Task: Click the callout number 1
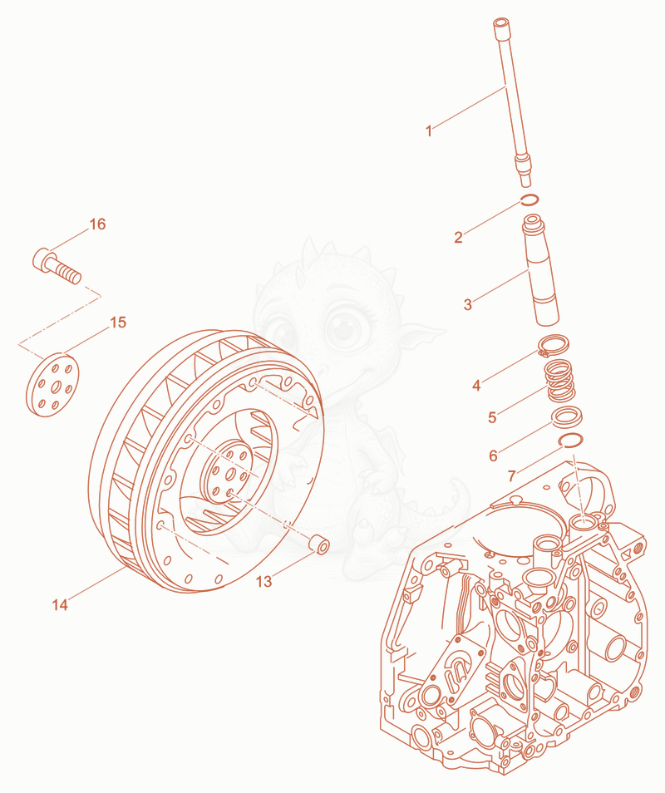click(x=429, y=131)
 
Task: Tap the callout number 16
click(x=97, y=224)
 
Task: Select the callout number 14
click(x=60, y=604)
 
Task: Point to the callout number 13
click(x=264, y=582)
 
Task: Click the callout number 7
click(x=512, y=476)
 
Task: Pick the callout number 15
click(x=118, y=323)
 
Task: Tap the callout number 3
click(x=468, y=304)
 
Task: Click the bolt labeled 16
click(x=57, y=265)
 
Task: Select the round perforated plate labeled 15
click(x=52, y=384)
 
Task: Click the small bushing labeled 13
click(x=320, y=544)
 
